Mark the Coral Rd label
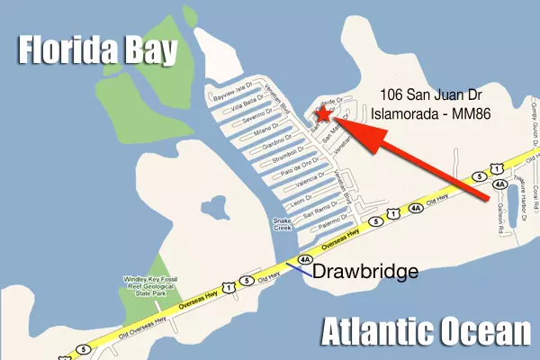(x=534, y=197)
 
